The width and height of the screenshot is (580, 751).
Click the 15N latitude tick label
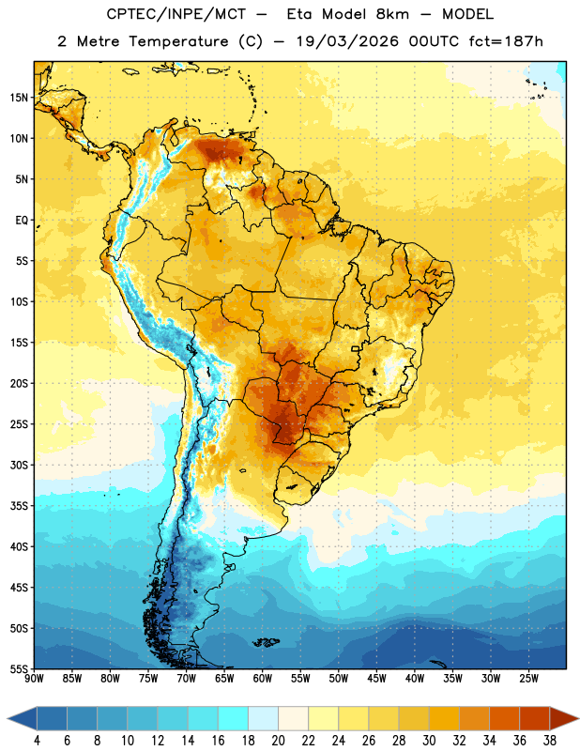[x=19, y=98]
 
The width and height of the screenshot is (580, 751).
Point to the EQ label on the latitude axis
[x=22, y=221]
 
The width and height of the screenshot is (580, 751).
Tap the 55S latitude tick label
[x=19, y=668]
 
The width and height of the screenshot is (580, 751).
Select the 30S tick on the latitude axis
[x=19, y=465]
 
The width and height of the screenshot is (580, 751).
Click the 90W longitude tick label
[x=34, y=678]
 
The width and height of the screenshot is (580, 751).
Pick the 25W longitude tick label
[x=528, y=678]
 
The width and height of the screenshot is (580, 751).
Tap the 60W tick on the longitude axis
[x=263, y=678]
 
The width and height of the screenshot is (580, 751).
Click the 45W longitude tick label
[x=376, y=678]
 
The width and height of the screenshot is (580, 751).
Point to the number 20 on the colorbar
[x=278, y=741]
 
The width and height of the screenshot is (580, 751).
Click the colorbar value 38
[x=550, y=741]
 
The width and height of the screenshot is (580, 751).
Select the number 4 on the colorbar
[x=37, y=741]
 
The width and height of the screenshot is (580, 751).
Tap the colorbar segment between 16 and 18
[x=234, y=718]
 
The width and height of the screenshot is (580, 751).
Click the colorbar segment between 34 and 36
[x=504, y=718]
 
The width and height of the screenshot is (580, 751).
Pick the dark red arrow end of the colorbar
[x=563, y=718]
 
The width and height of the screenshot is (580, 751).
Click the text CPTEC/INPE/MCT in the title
[x=176, y=14]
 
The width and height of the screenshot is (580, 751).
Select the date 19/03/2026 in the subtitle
[x=347, y=41]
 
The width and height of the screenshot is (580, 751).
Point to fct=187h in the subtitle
[x=506, y=41]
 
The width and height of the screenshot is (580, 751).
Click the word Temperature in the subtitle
[x=178, y=41]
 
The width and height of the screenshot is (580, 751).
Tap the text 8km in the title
[x=392, y=14]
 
